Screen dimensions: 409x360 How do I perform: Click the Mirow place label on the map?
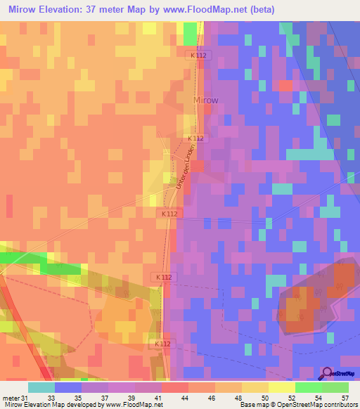[205, 100]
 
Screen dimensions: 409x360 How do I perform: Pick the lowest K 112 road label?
[164, 344]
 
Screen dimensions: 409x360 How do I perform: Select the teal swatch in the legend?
[41, 387]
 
